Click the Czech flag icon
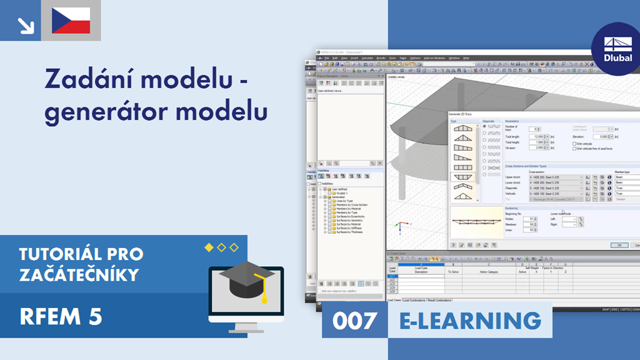point(71,21)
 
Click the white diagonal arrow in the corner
point(26,24)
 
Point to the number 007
point(354,321)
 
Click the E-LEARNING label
point(470,321)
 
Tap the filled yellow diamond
point(209,248)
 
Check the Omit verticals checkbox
point(574,143)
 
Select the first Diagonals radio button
point(484,126)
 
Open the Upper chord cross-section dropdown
point(581,177)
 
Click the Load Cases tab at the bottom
point(394,300)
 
